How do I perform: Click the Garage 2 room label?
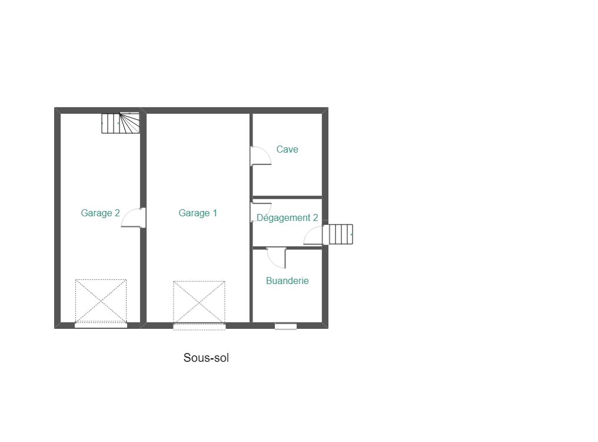100,213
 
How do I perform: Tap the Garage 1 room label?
198,213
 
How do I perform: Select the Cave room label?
287,149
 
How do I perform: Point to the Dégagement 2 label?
287,217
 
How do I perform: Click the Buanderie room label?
287,281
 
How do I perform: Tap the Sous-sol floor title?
207,358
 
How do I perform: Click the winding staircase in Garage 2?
121,123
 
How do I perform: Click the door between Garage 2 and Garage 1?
134,217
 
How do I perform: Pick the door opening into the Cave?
261,156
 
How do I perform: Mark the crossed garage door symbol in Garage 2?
101,301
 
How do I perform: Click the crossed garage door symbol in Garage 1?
199,302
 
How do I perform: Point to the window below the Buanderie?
285,326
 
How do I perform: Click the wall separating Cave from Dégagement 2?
287,197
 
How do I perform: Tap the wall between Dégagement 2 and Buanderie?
287,248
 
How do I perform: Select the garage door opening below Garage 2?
101,325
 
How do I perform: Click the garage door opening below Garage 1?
199,326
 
